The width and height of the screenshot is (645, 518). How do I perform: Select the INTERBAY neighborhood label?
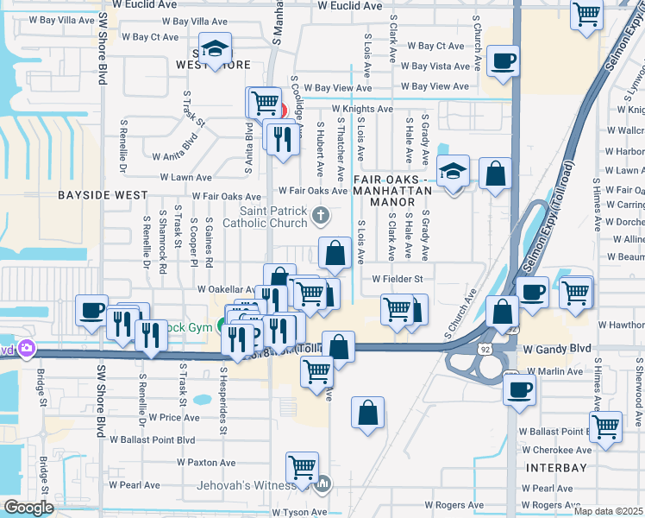coord(554,468)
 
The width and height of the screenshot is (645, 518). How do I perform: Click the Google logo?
coord(29,507)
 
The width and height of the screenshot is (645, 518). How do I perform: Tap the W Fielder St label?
coord(397,279)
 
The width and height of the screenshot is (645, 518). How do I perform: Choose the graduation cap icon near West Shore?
coord(215,47)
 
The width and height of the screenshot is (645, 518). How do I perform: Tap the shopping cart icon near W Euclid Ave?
coord(587,14)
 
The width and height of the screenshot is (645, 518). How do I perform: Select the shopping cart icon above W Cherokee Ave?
coord(606,425)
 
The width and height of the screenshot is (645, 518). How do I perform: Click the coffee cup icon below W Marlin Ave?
coord(520,388)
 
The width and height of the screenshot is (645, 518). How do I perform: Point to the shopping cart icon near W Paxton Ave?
coord(303,466)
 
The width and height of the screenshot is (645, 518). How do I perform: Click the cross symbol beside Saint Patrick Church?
coord(320,214)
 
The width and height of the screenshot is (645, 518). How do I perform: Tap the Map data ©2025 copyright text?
coord(609,511)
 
